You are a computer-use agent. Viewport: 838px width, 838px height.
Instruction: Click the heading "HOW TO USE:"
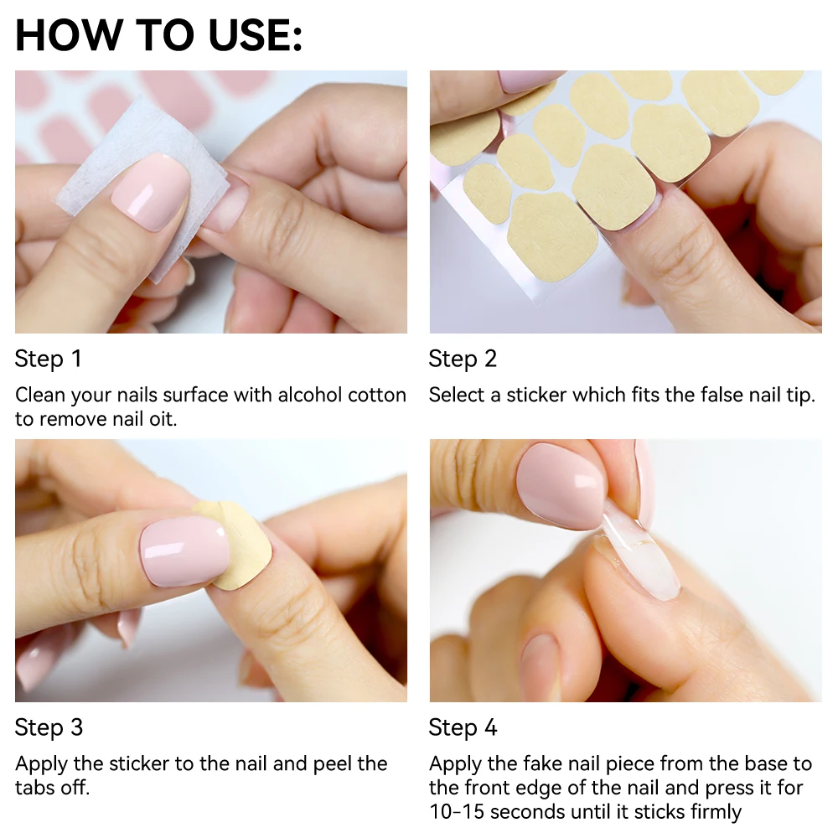(x=158, y=35)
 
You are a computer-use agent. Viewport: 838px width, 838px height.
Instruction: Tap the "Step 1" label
(x=49, y=360)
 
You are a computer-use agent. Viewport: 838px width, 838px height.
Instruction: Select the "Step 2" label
(x=463, y=360)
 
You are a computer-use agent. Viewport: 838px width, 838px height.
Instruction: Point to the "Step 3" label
(x=49, y=728)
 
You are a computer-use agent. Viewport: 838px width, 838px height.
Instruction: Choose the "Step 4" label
(x=463, y=728)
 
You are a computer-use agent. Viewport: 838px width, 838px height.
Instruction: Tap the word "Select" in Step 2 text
(x=457, y=395)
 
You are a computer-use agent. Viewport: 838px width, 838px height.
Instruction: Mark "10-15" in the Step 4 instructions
(x=457, y=811)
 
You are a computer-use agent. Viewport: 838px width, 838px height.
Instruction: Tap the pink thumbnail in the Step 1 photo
(x=152, y=193)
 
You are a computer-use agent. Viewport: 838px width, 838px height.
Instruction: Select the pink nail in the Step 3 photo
(x=184, y=550)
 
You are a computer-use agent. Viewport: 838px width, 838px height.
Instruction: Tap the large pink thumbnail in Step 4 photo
(x=560, y=486)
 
